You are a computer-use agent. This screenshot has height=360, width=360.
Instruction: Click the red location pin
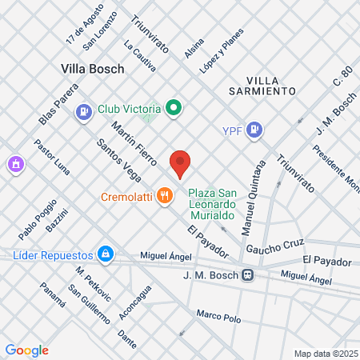(180, 162)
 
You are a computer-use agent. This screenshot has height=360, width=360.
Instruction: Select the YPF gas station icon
(254, 129)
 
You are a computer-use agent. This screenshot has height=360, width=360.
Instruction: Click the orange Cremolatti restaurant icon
(165, 195)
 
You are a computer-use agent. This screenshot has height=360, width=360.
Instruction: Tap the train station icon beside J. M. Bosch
(249, 274)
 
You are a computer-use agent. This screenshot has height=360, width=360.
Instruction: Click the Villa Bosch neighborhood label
(93, 69)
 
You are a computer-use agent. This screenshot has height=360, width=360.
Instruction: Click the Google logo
(26, 350)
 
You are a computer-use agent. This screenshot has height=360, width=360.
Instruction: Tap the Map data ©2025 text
(325, 354)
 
